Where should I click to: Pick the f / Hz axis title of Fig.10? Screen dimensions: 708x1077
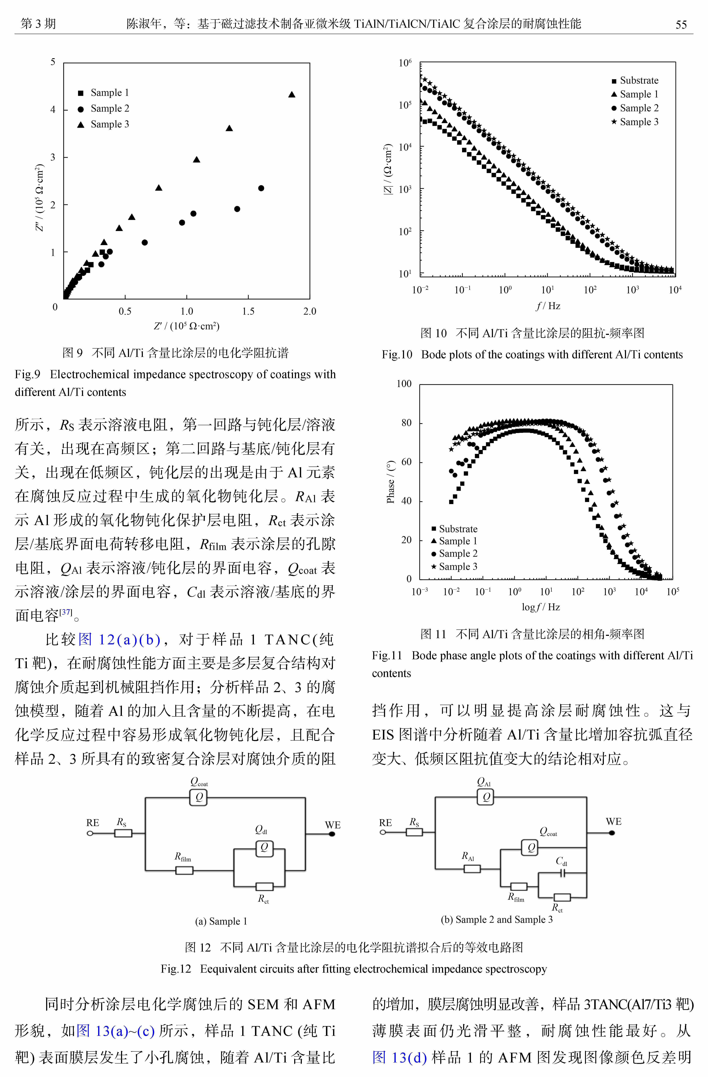pyautogui.click(x=548, y=306)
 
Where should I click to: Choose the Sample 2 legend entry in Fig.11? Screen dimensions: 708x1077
pyautogui.click(x=454, y=553)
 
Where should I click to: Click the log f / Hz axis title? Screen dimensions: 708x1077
pyautogui.click(x=541, y=607)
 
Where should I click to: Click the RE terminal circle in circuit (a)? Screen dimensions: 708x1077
pyautogui.click(x=90, y=833)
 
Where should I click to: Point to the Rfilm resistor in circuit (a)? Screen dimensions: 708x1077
pyautogui.click(x=184, y=870)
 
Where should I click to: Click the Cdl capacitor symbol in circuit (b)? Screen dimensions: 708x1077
pyautogui.click(x=562, y=873)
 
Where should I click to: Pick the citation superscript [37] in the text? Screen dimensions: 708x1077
pyautogui.click(x=66, y=612)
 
